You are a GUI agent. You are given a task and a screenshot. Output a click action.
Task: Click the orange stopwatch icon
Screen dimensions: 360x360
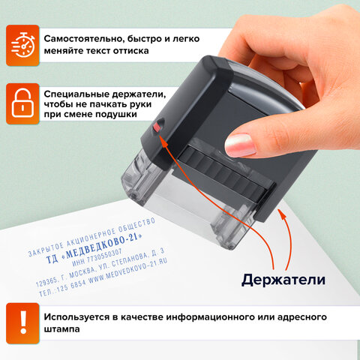[22, 44]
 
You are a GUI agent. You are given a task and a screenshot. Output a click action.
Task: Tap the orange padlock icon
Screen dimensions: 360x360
[22, 102]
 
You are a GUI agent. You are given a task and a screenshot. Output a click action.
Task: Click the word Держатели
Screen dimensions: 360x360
[283, 280]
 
